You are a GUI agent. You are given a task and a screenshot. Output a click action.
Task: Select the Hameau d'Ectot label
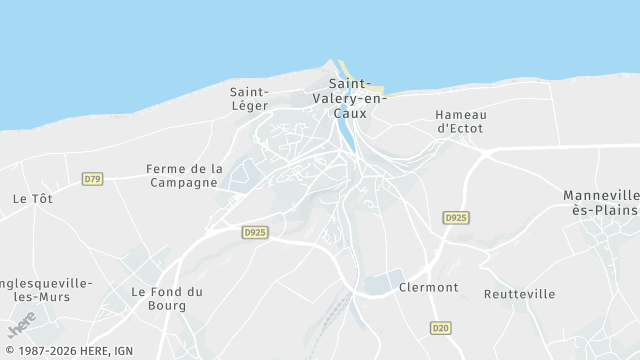pos(460,121)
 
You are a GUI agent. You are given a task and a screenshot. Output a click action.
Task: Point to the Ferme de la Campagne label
pos(184,176)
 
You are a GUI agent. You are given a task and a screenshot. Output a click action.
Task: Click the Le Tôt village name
pos(32,199)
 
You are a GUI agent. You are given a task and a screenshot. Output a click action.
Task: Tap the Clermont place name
pos(428,288)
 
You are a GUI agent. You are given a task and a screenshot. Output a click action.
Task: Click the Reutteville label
pos(519,294)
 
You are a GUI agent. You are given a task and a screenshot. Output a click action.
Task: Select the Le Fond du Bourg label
pos(167,298)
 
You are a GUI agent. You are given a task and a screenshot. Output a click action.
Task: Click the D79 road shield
pos(92,179)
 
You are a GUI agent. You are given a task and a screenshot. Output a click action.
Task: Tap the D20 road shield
pos(440,328)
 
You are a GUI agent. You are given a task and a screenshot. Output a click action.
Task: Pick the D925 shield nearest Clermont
pos(456,217)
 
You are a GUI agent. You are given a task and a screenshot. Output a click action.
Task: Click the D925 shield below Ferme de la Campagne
pos(255,232)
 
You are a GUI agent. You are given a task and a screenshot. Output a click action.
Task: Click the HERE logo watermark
pos(21,326)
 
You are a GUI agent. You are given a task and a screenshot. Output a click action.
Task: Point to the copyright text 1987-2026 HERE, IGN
pos(68,351)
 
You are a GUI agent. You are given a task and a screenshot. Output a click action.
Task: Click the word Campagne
pos(184,183)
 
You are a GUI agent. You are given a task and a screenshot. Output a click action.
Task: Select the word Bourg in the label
pos(167,305)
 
